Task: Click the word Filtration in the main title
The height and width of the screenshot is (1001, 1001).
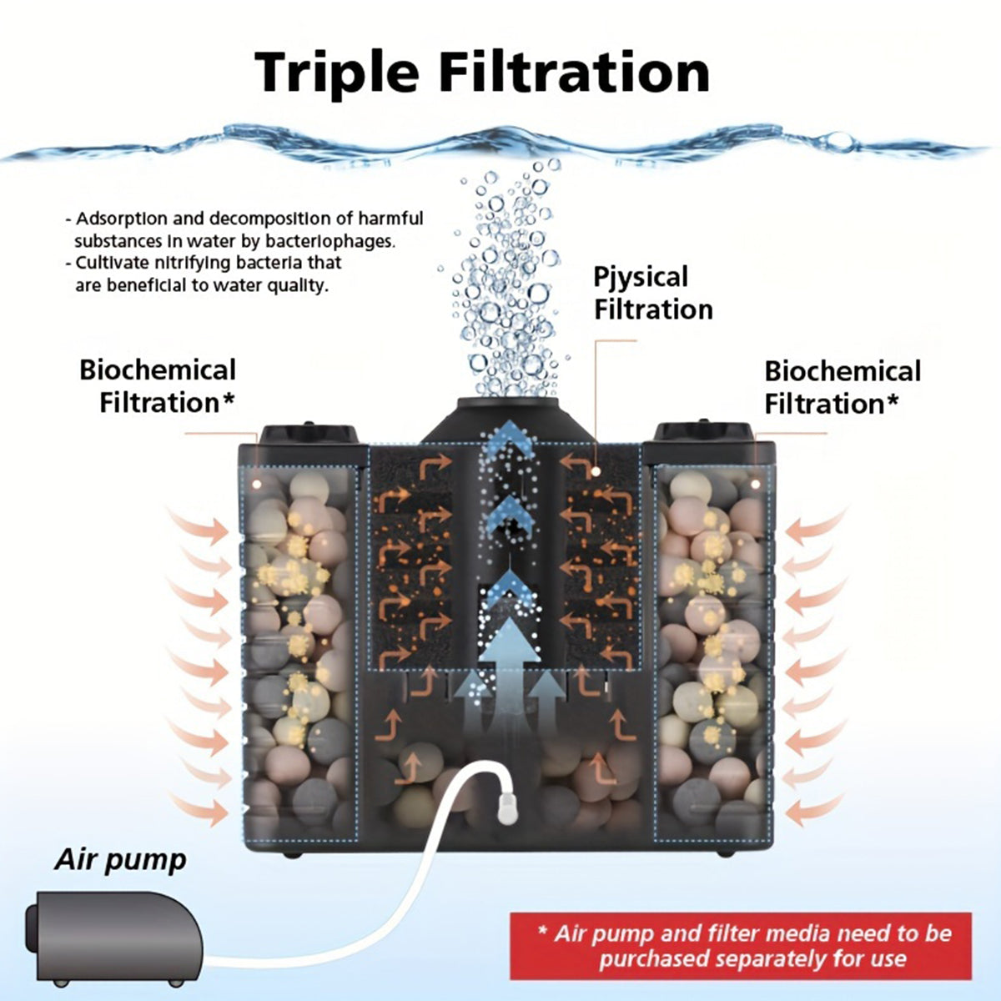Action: (575, 72)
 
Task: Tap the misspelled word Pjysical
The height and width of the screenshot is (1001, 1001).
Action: (641, 278)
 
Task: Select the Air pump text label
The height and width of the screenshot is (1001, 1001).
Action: (120, 860)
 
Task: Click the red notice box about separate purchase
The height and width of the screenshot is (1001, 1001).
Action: (741, 945)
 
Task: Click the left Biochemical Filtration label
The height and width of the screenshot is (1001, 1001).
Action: (158, 385)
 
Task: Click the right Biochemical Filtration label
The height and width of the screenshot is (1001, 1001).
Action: (842, 387)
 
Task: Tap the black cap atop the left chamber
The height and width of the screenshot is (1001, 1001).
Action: (309, 434)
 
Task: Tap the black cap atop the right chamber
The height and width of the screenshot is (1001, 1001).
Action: (702, 432)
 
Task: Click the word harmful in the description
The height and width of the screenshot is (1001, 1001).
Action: (390, 219)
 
